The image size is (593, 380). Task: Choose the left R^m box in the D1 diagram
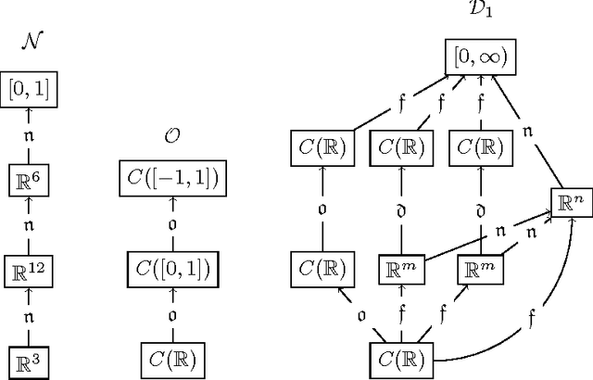click(400, 270)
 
